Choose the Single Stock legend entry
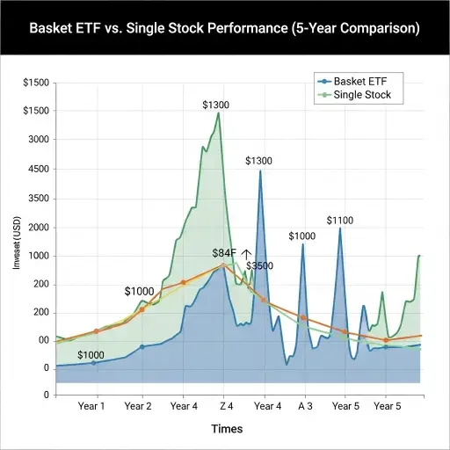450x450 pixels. (362, 94)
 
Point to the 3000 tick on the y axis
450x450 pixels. (36, 140)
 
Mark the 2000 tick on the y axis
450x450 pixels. (36, 228)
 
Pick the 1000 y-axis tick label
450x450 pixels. (36, 256)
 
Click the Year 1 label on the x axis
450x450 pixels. (92, 407)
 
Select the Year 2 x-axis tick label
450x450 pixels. (138, 407)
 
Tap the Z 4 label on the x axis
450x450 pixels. (226, 407)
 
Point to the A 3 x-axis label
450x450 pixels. (305, 407)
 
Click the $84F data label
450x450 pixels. (224, 253)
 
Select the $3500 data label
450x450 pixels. (258, 266)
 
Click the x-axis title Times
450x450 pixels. (226, 429)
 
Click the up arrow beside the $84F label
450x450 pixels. (246, 253)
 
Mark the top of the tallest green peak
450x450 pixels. (218, 113)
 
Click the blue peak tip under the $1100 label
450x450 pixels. (340, 229)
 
